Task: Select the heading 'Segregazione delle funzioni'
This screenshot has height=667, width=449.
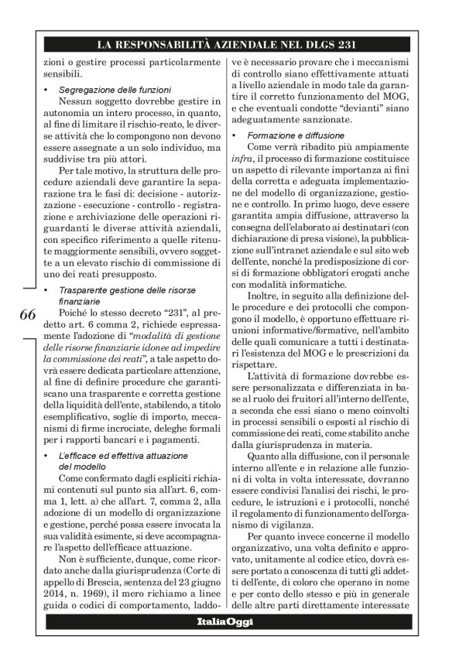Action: (110, 91)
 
